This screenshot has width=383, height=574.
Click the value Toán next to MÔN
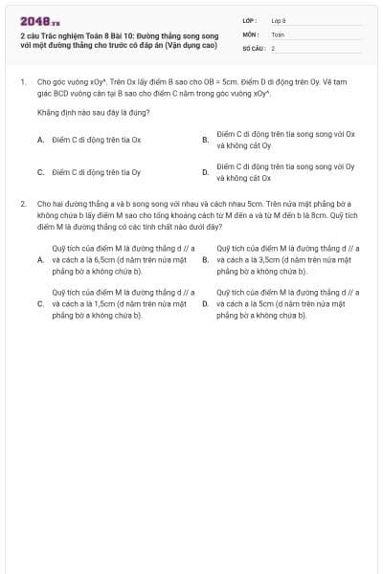pos(278,33)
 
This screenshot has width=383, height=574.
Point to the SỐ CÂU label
pos(251,47)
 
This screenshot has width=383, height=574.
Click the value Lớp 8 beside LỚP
pos(279,19)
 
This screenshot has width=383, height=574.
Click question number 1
pos(22,82)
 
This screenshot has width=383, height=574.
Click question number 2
pos(22,204)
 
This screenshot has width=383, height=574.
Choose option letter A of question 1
pos(40,140)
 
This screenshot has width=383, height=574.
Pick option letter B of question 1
pos(205,140)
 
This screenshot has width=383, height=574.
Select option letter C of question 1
pos(40,172)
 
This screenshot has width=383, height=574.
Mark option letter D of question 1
pos(205,172)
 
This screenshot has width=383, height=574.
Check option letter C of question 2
pos(40,303)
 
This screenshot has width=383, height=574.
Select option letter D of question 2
pos(205,303)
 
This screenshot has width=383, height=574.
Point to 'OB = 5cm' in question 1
pos(207,82)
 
